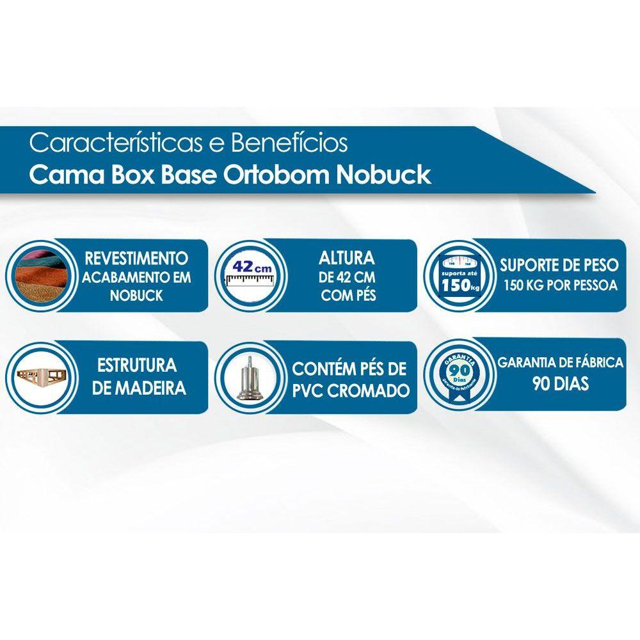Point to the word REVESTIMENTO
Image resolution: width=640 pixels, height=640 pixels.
coord(136,259)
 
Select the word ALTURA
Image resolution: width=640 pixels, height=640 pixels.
coord(347,259)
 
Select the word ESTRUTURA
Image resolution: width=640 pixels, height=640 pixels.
coord(137,366)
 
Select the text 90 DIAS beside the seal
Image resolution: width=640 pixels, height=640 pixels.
coord(561,385)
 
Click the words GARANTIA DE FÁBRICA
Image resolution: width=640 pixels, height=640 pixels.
coord(561,363)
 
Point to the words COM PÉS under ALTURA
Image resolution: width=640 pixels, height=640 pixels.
coord(347,295)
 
